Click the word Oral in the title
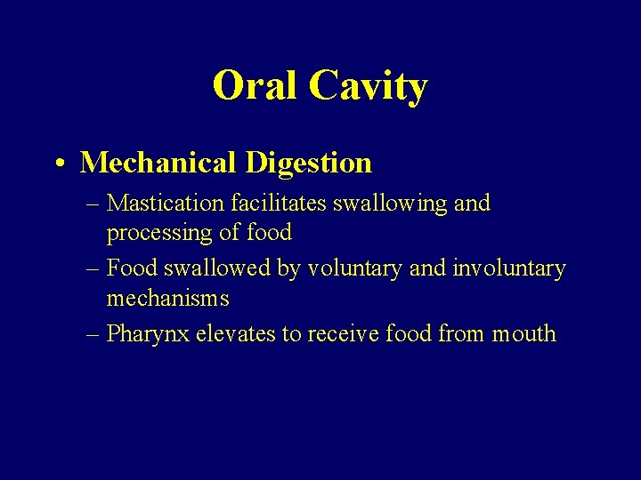pyautogui.click(x=255, y=86)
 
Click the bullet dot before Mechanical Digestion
pyautogui.click(x=58, y=164)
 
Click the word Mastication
pyautogui.click(x=166, y=203)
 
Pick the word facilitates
pyautogui.click(x=279, y=203)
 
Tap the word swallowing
pyautogui.click(x=392, y=204)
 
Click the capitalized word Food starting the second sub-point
pyautogui.click(x=131, y=268)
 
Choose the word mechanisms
pyautogui.click(x=167, y=299)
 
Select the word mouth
pyautogui.click(x=525, y=334)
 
